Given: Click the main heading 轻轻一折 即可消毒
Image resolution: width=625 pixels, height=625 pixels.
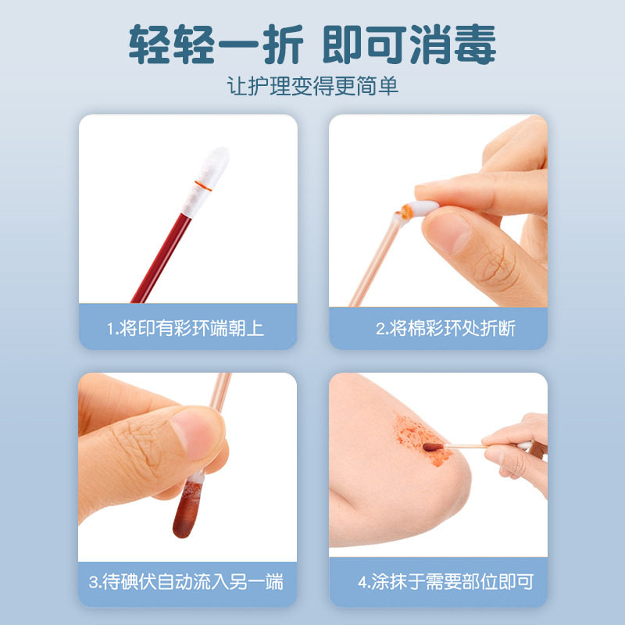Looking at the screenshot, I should [x=312, y=45].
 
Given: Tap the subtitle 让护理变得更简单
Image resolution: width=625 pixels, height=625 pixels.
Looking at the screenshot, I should [x=312, y=85].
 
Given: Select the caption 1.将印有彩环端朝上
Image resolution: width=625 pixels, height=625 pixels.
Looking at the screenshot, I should [x=186, y=327].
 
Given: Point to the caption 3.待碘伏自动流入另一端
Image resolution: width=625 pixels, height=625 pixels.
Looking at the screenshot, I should [x=186, y=582].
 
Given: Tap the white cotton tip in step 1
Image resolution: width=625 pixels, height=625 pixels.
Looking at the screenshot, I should [x=207, y=168].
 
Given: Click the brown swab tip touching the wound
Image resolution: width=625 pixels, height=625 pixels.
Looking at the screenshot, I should [x=431, y=448].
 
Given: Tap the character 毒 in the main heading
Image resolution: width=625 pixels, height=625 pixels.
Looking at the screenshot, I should [x=473, y=45].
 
